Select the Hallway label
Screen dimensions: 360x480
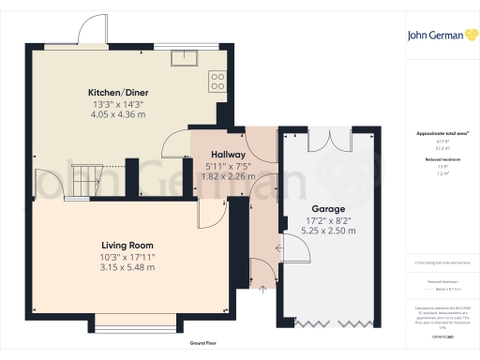[228, 155]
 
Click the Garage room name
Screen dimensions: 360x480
[328, 209]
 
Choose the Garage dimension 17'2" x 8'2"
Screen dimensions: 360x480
[328, 221]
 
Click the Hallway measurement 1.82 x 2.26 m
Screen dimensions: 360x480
[228, 175]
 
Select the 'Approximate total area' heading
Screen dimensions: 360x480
[440, 133]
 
